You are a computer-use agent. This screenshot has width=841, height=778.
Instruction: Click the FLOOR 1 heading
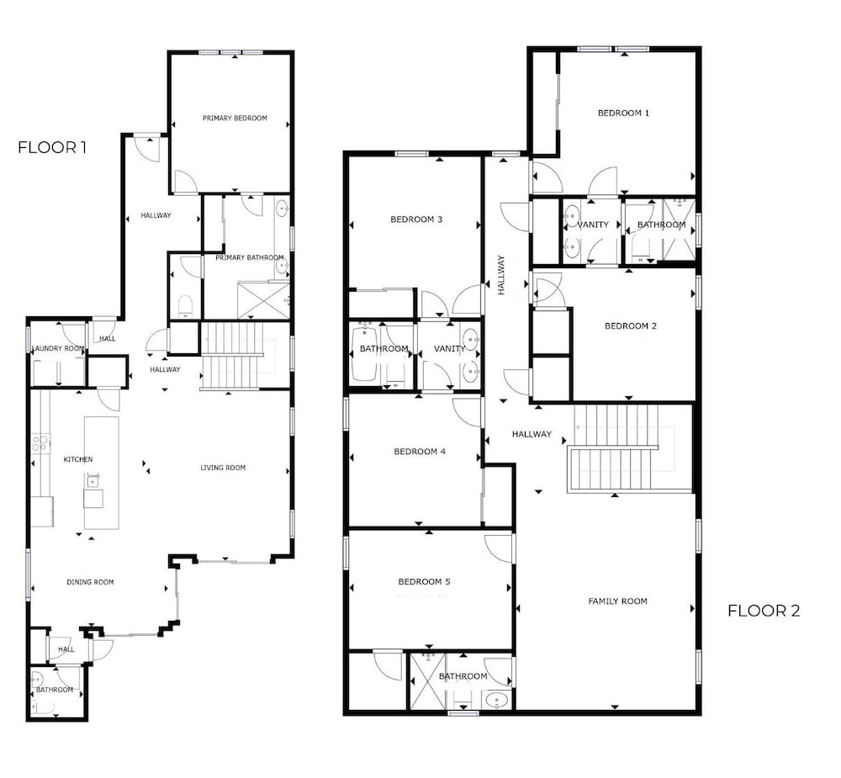[x=52, y=147]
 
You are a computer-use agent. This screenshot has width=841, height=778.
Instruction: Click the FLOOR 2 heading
[x=764, y=611]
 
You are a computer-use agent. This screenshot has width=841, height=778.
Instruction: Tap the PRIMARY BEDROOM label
[x=235, y=118]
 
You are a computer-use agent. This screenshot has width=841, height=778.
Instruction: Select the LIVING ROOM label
[x=223, y=468]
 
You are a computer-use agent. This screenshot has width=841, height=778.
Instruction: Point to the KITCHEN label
[x=77, y=459]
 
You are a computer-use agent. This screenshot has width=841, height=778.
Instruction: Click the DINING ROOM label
[x=90, y=582]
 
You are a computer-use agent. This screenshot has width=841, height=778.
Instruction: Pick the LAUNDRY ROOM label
[x=59, y=349]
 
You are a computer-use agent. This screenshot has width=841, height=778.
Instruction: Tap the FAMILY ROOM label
[x=617, y=601]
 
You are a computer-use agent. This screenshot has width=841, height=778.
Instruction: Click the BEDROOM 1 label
[x=623, y=114]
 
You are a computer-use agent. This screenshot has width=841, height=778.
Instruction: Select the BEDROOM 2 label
[x=630, y=326]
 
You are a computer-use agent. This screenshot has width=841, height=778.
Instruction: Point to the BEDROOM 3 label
[x=416, y=220]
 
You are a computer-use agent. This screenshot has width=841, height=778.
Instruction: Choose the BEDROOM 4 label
[x=420, y=452]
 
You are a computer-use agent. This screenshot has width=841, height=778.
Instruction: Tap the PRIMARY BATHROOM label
[x=250, y=257]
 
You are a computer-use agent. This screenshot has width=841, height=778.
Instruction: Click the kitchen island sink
[x=93, y=481]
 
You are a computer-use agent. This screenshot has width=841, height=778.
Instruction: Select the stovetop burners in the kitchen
[x=40, y=444]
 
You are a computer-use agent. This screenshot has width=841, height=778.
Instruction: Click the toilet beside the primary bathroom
[x=184, y=306]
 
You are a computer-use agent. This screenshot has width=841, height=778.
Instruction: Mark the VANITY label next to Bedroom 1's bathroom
[x=592, y=225]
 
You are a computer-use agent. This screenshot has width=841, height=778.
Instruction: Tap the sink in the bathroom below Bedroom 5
[x=496, y=700]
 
